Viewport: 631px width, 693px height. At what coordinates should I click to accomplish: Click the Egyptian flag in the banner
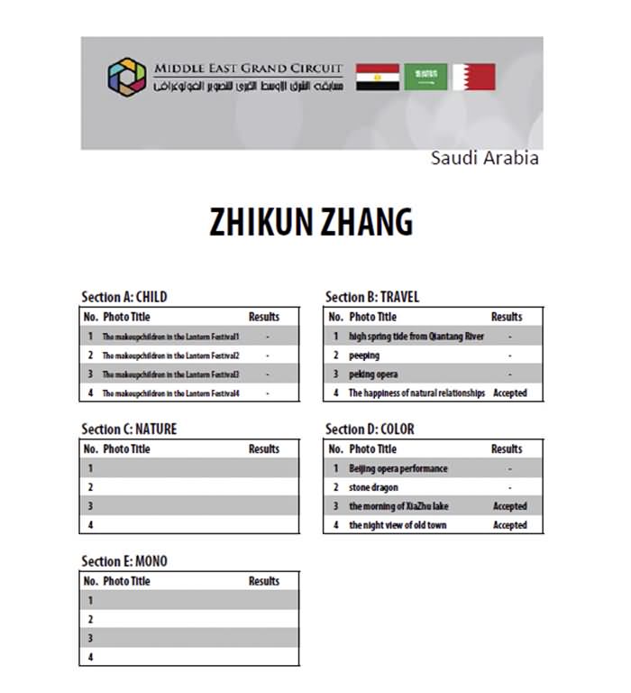pos(378,77)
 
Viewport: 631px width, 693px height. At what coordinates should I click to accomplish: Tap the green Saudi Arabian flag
pos(425,77)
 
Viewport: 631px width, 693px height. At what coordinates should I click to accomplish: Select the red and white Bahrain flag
pos(474,77)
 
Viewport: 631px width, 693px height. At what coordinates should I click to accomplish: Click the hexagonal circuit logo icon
pos(126,76)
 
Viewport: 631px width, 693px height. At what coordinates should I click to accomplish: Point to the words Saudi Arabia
pos(484,158)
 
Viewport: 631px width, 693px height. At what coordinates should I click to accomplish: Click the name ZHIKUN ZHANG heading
pos(311,222)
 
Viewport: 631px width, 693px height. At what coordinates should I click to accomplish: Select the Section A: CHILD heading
pos(123,297)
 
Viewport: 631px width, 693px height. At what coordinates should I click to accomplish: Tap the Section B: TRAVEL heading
pos(371,297)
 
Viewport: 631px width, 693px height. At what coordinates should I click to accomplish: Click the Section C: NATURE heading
pos(129,429)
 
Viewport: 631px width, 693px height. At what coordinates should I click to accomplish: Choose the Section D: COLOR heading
pos(370,429)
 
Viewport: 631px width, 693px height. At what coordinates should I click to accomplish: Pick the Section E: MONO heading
pos(123,561)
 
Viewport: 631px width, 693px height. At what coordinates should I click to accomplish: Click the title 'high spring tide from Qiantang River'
pos(416,337)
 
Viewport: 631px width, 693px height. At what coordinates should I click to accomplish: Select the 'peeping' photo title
pos(364,356)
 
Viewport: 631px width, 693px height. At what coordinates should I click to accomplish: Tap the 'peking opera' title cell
pos(373,374)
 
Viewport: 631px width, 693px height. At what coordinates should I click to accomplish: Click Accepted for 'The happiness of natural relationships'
pos(509,393)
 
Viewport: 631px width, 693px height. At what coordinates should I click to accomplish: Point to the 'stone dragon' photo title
pos(373,487)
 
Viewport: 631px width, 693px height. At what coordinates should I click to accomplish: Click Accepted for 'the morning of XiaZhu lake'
pos(509,506)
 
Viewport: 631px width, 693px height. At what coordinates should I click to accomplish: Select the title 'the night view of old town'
pos(398,525)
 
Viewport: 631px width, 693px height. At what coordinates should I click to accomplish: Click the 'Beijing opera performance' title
pos(398,468)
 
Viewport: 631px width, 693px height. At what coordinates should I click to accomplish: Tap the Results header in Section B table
pos(507,317)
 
